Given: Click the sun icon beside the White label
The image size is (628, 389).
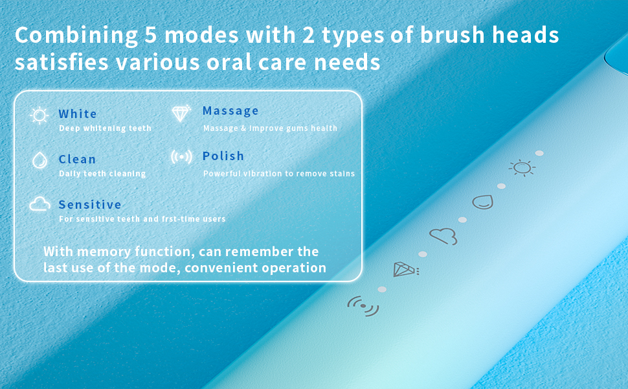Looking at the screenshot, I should (39, 116).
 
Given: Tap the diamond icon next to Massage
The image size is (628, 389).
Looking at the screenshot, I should (181, 113).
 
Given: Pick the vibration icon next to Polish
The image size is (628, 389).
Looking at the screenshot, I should (181, 157).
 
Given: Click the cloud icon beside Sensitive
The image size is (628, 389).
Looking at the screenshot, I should (39, 205).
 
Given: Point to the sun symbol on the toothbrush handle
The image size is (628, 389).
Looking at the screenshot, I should (521, 169).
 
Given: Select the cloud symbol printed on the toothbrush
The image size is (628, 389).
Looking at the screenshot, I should (443, 237).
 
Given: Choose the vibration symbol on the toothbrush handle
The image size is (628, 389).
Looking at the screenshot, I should (363, 305).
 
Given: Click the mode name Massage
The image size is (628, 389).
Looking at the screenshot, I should (230, 111).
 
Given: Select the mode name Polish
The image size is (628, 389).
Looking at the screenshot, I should (223, 156).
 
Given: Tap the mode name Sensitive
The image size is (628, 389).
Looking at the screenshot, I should (90, 205).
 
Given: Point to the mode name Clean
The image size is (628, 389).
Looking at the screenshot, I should (77, 159).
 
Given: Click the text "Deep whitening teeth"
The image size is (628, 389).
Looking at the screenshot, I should (105, 128).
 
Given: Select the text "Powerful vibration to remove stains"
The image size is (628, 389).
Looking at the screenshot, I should (279, 174).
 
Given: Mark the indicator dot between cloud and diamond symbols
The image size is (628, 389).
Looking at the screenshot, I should (423, 254).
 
